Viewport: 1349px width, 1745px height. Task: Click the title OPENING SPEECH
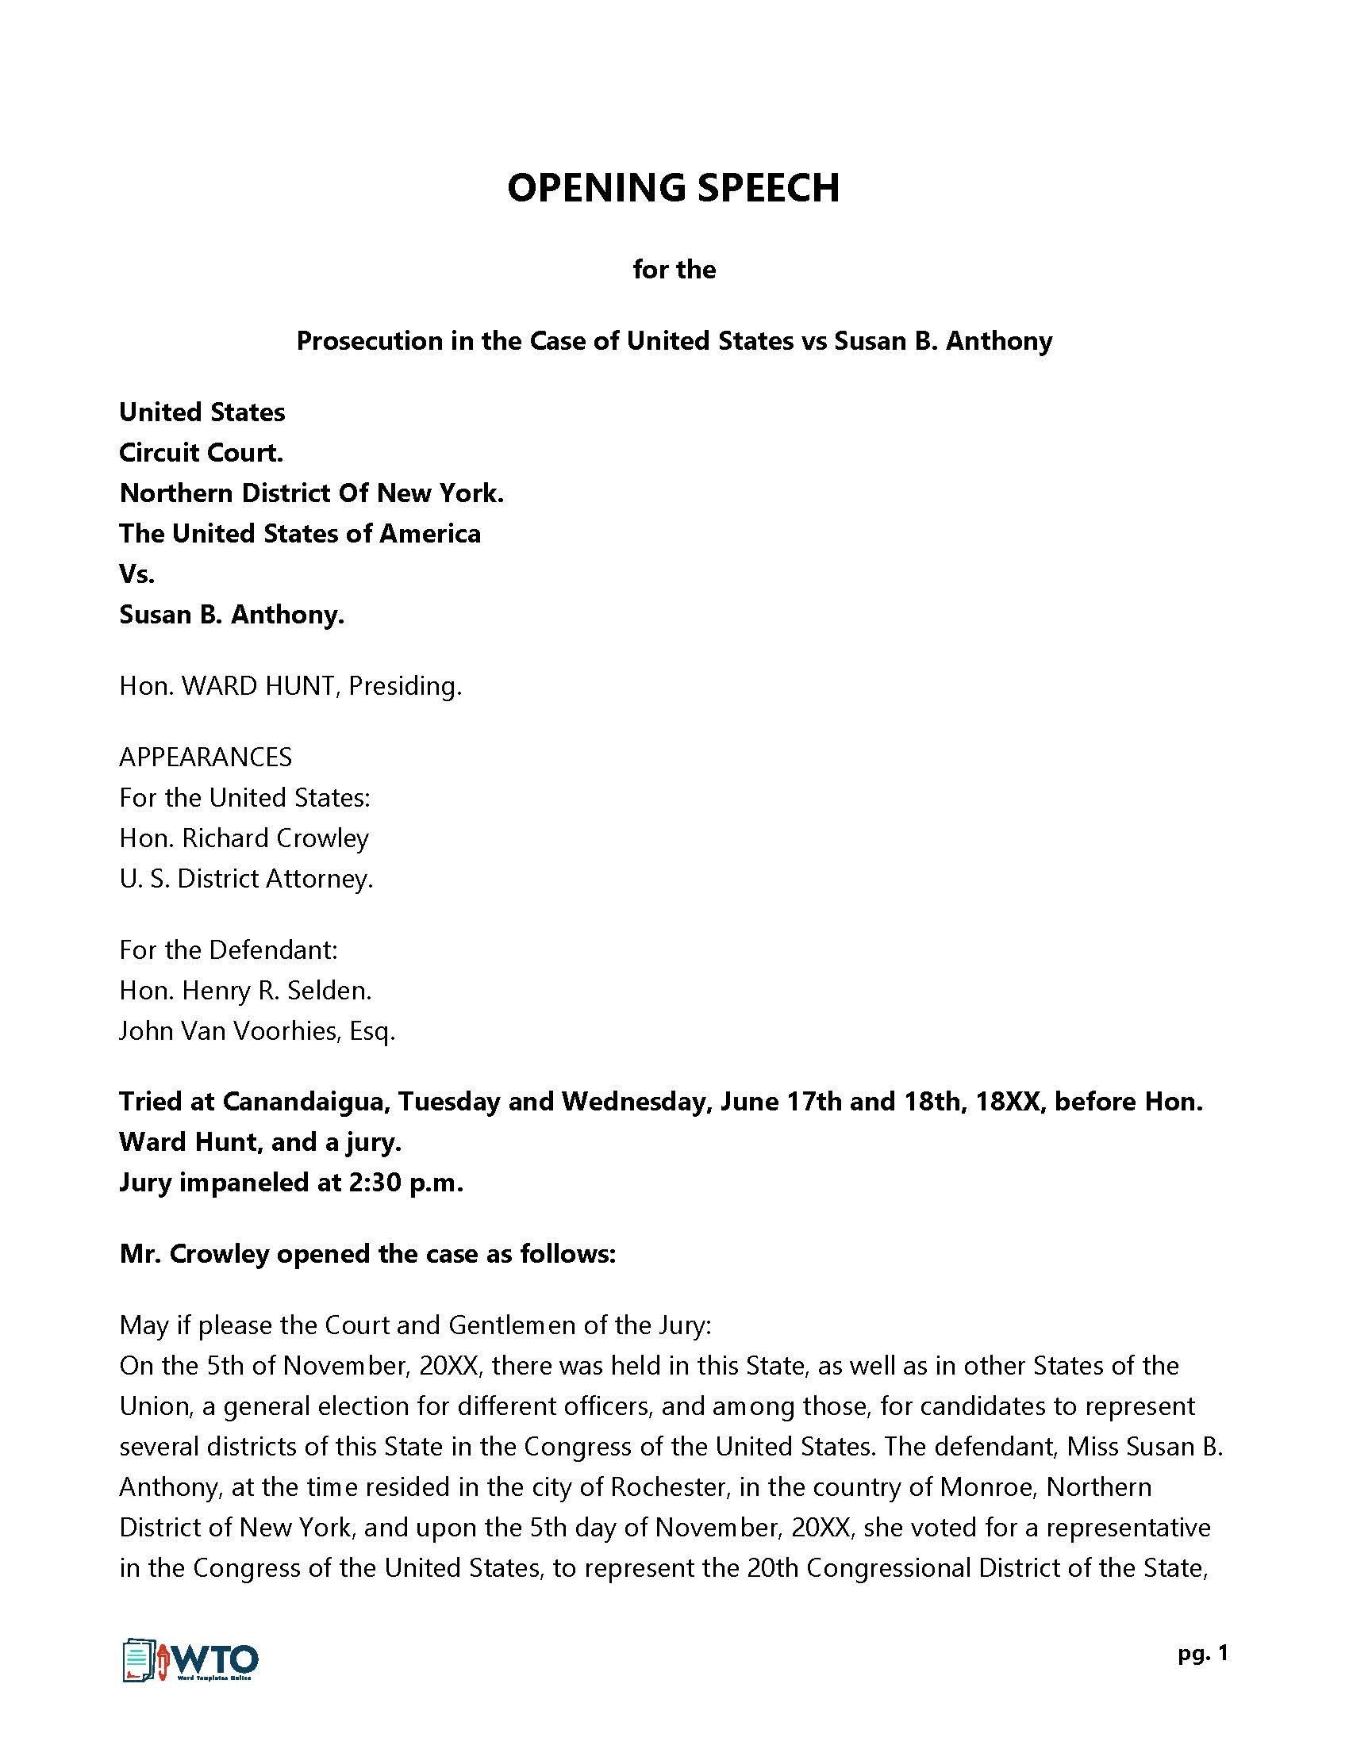(x=673, y=189)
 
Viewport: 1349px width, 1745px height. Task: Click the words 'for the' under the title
(x=674, y=269)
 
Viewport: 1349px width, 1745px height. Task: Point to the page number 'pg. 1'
(x=1202, y=1653)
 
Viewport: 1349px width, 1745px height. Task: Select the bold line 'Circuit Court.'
(x=202, y=453)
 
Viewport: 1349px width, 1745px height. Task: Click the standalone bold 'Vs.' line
(x=136, y=573)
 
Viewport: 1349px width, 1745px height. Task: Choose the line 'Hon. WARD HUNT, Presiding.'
(x=290, y=685)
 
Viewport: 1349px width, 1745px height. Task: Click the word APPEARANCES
(x=206, y=757)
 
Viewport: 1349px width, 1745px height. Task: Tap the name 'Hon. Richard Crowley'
(x=244, y=838)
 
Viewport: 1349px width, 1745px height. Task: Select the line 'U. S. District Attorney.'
(x=246, y=878)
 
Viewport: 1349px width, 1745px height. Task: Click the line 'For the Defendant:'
(x=229, y=949)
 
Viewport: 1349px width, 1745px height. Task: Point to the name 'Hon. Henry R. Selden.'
(x=245, y=990)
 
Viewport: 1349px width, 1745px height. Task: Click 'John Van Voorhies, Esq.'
(x=257, y=1030)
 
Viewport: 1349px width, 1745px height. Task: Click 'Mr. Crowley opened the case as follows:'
(x=367, y=1253)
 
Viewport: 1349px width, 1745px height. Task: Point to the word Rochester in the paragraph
(x=667, y=1487)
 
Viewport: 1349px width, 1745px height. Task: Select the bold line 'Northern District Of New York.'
(x=312, y=493)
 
